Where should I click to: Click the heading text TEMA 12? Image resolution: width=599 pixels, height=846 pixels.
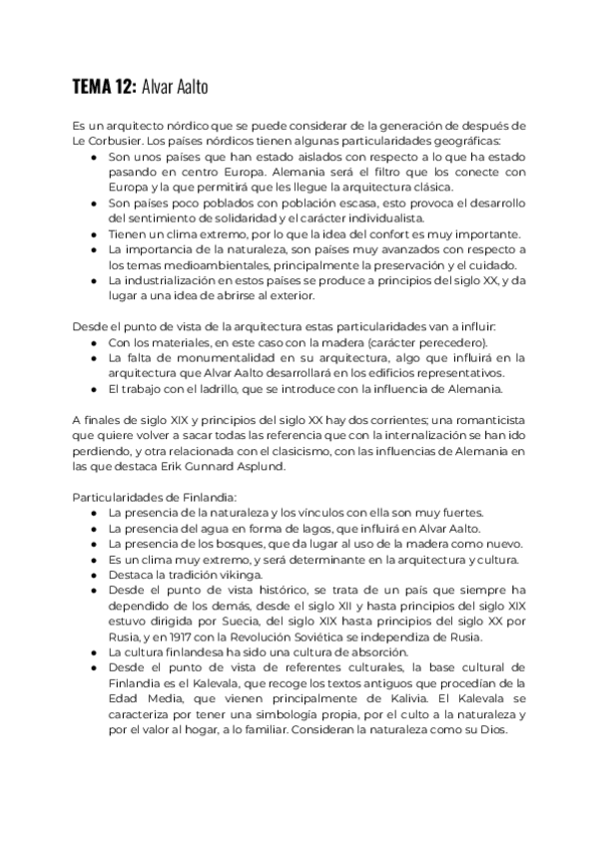(104, 86)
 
